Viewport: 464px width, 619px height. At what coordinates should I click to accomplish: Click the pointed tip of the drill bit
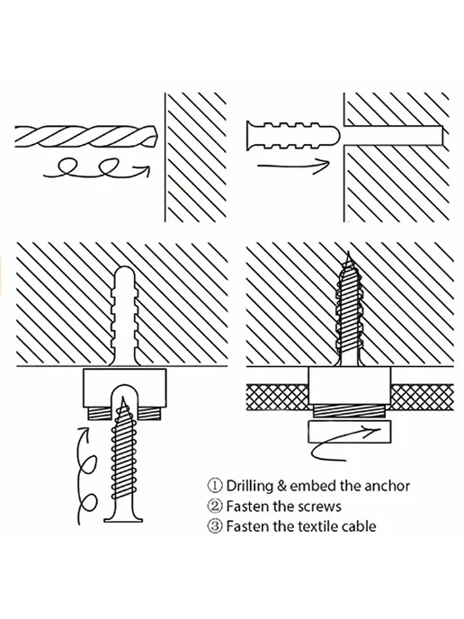coord(156,137)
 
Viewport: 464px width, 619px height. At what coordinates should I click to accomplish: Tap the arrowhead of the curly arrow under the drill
coord(145,171)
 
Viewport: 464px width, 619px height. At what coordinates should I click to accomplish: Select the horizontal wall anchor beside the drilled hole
coord(292,135)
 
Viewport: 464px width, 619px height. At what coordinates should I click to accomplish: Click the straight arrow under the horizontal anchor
coord(293,166)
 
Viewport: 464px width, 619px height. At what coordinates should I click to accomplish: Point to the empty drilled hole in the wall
coord(393,135)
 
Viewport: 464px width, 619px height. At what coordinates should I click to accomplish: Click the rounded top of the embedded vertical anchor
coord(125,274)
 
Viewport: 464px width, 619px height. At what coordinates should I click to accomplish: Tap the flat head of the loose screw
coord(123,519)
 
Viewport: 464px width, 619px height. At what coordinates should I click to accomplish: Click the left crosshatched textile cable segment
coord(277,397)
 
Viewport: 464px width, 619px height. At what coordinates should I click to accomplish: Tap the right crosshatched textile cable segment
coord(422,397)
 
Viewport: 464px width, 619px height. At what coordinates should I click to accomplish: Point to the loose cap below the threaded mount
coord(350,432)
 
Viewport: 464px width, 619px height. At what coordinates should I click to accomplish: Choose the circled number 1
coord(215,486)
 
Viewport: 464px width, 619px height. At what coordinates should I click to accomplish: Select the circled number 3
coord(215,526)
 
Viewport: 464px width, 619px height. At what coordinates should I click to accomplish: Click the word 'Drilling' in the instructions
coord(250,487)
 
